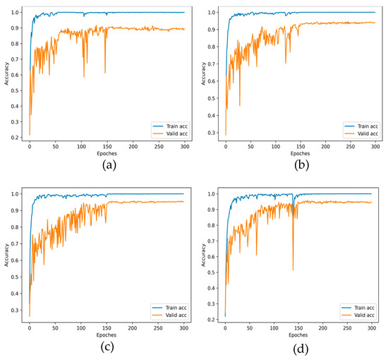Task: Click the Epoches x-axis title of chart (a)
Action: point(107,153)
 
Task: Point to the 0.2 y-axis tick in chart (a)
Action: point(16,138)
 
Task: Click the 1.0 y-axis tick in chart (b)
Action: point(211,12)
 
